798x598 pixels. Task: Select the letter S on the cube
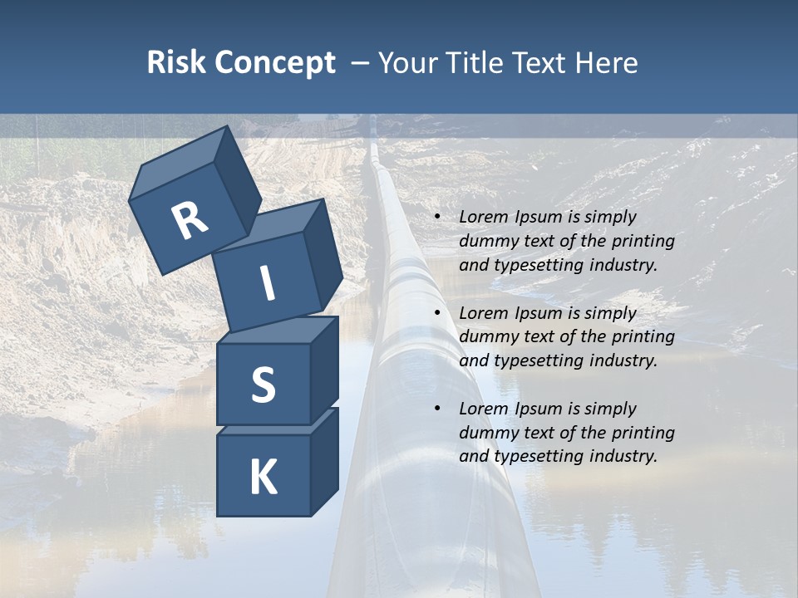coord(263,384)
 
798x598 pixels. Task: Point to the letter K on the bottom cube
coord(263,478)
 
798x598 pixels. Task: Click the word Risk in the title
coord(175,62)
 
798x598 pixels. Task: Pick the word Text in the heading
coord(540,62)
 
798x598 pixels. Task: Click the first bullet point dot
coord(437,218)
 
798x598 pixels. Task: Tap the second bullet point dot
coord(437,314)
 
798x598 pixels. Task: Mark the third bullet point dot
coord(437,409)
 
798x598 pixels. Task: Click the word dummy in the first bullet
coord(486,241)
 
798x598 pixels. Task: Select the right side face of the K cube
coord(324,461)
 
